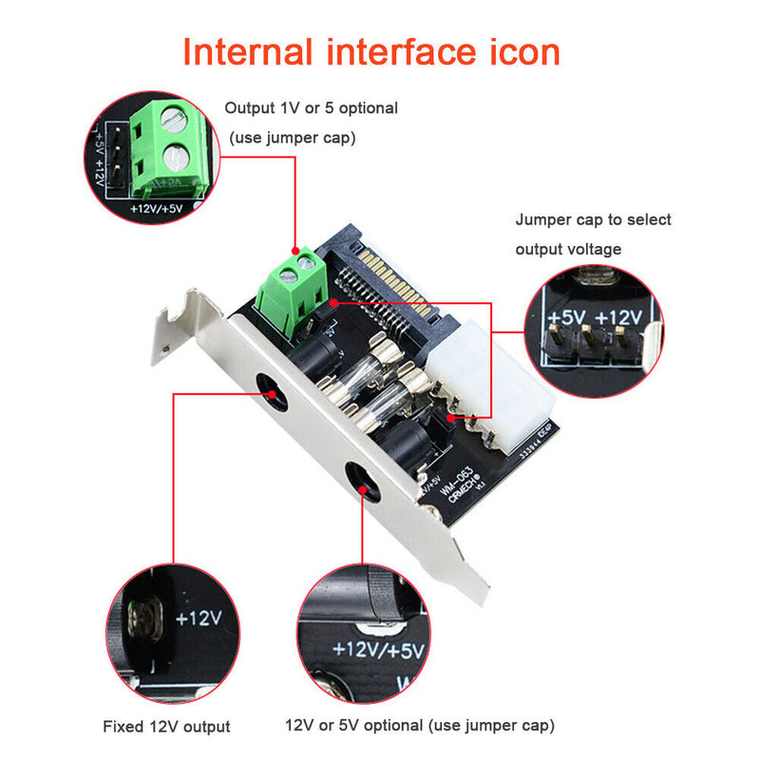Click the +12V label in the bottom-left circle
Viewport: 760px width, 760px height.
[x=199, y=617]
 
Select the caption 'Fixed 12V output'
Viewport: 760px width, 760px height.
[x=166, y=727]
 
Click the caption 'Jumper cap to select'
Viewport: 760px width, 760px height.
[x=593, y=219]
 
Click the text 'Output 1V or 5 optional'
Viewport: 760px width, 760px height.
[x=311, y=108]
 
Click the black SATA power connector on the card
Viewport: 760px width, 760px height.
[x=380, y=275]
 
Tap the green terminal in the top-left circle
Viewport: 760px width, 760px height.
[x=169, y=147]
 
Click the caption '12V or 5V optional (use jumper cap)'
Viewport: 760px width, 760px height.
[x=419, y=727]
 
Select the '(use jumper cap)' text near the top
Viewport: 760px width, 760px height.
[x=292, y=138]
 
